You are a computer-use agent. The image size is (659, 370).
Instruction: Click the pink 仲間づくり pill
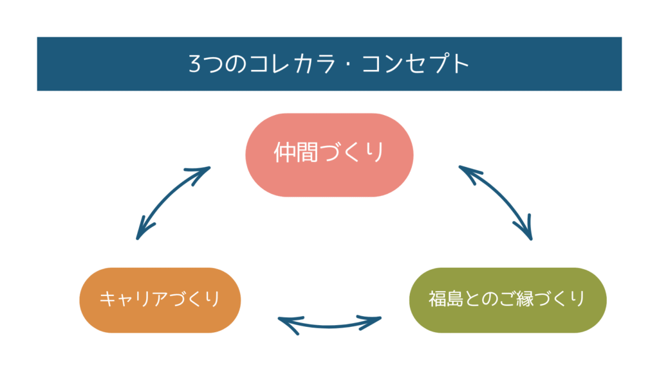[329, 155]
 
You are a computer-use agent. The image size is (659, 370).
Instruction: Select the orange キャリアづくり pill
[160, 301]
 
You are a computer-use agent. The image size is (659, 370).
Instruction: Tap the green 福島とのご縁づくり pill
[508, 301]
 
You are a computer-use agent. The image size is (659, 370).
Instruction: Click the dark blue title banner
[329, 64]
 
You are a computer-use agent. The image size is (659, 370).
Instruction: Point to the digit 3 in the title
[195, 64]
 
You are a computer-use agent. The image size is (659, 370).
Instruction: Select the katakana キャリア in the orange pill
[134, 299]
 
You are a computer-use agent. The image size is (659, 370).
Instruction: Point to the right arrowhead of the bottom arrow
[371, 322]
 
